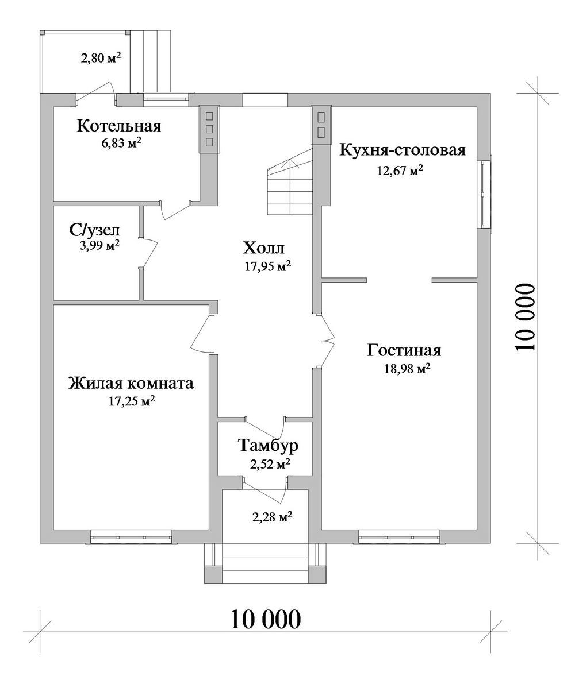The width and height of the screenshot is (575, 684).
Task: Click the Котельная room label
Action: click(119, 126)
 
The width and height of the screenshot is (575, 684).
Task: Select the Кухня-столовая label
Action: click(402, 150)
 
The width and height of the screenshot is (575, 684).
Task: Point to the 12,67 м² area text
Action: click(400, 170)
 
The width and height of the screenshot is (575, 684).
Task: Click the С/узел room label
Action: click(94, 230)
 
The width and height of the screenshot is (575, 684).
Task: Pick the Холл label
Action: click(264, 248)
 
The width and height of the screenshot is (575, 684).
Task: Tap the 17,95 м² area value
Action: click(267, 266)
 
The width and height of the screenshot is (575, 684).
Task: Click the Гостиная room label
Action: click(404, 350)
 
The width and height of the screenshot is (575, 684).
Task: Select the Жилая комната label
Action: click(131, 384)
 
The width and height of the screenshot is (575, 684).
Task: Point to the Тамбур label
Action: click(268, 446)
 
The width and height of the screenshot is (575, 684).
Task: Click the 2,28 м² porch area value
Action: click(272, 517)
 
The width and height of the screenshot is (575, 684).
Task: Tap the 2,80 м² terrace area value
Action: click(101, 58)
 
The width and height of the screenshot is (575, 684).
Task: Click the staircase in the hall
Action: click(290, 181)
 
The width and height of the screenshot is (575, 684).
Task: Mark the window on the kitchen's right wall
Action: click(485, 194)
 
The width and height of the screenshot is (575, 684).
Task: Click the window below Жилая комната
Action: click(132, 536)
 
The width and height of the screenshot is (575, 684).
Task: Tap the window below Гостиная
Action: click(400, 536)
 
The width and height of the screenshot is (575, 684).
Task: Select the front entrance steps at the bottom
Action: click(266, 563)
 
